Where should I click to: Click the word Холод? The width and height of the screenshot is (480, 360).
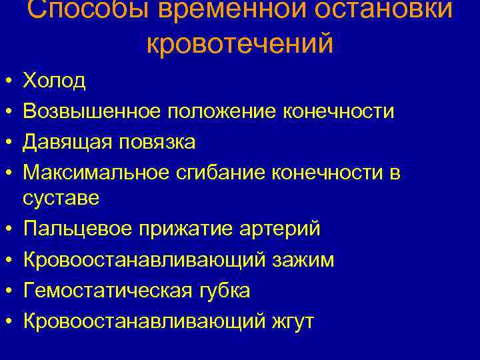tap(54, 81)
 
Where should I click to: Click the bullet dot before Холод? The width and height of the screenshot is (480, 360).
tap(6, 81)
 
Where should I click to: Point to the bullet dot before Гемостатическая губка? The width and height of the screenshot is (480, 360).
tap(6, 291)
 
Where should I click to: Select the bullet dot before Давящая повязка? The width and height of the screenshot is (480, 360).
tap(6, 143)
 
